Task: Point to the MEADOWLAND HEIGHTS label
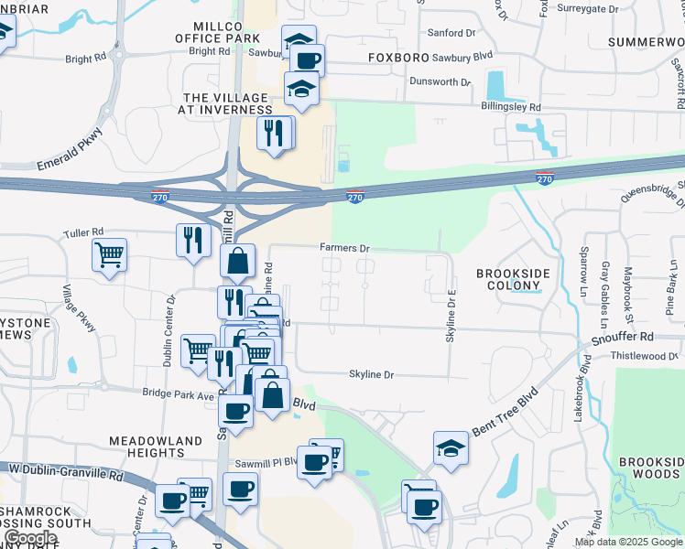click(x=156, y=447)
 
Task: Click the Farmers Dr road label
click(x=344, y=248)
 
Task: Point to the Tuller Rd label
click(x=84, y=232)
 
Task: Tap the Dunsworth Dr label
click(x=440, y=81)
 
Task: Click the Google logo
click(x=30, y=538)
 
